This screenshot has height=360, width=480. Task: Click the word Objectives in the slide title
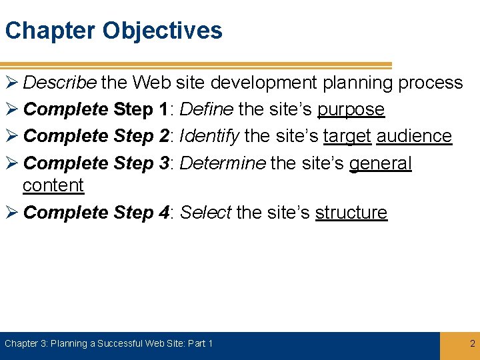tap(162, 31)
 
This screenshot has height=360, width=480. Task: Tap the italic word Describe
tap(60, 83)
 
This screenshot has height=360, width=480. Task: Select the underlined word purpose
tap(351, 109)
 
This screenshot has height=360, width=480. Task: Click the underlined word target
tap(347, 136)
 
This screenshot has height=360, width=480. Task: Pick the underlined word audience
tap(414, 136)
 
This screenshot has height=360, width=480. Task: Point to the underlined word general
tap(380, 163)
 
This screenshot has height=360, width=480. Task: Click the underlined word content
tap(53, 185)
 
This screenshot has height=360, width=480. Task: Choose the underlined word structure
tap(351, 213)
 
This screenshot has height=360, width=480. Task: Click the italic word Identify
tap(209, 136)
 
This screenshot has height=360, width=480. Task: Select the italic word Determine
tap(223, 163)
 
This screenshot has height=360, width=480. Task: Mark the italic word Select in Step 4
tap(205, 213)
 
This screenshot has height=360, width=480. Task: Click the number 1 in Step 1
tap(163, 109)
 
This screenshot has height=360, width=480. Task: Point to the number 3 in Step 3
tap(163, 163)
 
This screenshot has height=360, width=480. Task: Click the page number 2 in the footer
tap(472, 344)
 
